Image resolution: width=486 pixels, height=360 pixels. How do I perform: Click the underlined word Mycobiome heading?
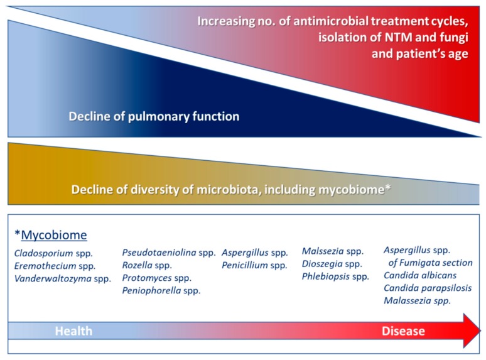click(54, 235)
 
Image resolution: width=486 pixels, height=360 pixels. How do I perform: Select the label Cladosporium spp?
click(53, 253)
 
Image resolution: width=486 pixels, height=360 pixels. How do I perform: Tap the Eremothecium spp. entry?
click(55, 266)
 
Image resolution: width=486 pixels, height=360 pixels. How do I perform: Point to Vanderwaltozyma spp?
click(63, 278)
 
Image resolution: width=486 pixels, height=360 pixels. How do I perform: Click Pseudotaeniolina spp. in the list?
click(169, 253)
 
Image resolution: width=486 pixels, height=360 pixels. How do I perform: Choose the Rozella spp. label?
click(147, 265)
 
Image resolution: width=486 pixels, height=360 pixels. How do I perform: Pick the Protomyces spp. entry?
click(156, 278)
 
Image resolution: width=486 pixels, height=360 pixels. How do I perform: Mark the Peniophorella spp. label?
click(161, 290)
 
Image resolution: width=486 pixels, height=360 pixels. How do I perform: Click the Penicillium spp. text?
click(254, 265)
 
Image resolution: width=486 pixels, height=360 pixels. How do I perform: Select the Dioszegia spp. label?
click(332, 264)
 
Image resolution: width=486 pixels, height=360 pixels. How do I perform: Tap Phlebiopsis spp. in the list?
click(336, 276)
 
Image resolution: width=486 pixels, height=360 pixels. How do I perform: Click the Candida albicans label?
click(420, 275)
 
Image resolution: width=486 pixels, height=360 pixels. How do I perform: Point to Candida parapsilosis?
click(428, 288)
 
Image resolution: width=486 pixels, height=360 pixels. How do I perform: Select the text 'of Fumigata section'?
click(430, 263)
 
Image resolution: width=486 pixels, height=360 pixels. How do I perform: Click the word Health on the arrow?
click(73, 331)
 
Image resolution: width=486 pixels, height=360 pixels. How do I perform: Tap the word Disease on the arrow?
click(403, 331)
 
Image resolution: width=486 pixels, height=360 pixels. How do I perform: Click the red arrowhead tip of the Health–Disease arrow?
click(480, 330)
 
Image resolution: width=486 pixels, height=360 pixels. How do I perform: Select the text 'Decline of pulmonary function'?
click(154, 117)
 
